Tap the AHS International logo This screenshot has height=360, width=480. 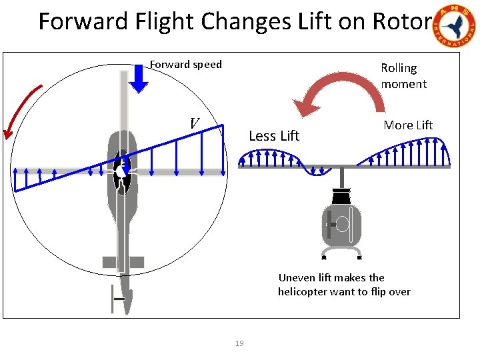[456, 27]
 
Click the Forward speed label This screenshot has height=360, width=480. [185, 65]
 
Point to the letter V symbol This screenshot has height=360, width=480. [194, 123]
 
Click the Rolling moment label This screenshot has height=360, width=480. [403, 76]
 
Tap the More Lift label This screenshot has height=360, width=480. [408, 125]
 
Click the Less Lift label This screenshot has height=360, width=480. [274, 136]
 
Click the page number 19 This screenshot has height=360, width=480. [239, 343]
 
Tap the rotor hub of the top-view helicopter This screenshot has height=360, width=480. [122, 171]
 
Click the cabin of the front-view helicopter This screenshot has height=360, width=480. [342, 226]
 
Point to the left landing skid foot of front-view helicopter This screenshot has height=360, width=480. [323, 257]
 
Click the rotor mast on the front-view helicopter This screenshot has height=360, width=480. [342, 178]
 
